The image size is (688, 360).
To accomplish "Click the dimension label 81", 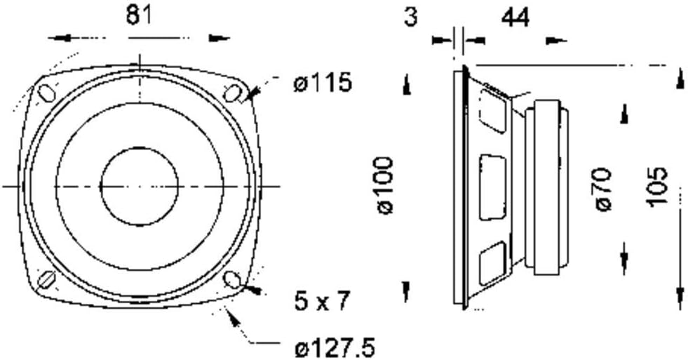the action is click(139, 16).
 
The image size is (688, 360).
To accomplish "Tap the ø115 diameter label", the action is click(323, 82).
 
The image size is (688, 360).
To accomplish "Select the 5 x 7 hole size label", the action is click(322, 301).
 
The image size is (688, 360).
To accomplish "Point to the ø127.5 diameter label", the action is click(335, 349).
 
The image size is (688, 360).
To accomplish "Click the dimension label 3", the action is click(410, 17).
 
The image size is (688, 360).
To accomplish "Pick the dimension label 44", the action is click(515, 18).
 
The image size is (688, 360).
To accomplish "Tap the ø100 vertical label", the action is click(385, 186).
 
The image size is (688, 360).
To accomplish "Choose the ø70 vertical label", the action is click(604, 189).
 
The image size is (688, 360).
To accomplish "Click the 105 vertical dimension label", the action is click(657, 186).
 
